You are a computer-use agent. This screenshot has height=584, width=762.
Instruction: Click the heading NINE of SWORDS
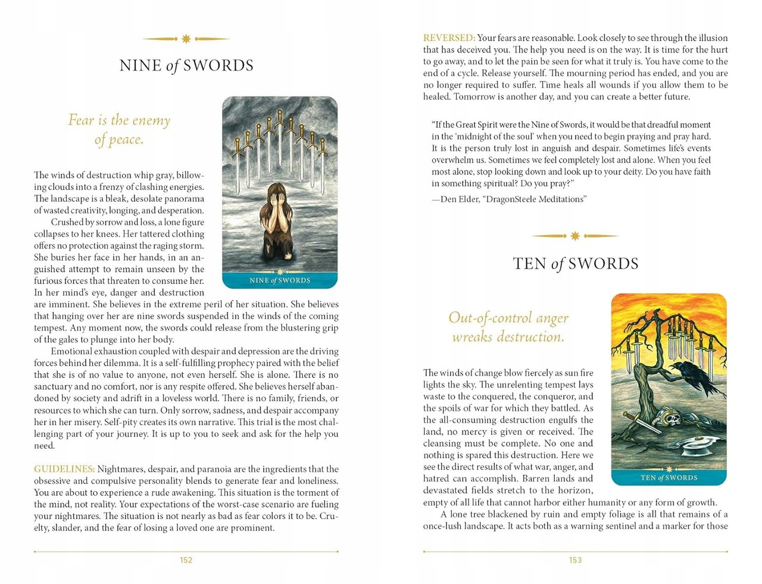pyautogui.click(x=186, y=65)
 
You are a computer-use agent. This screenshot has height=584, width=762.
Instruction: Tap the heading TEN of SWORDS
pyautogui.click(x=575, y=264)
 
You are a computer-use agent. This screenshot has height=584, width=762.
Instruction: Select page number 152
pyautogui.click(x=186, y=560)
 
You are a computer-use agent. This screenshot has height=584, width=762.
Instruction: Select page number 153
pyautogui.click(x=575, y=560)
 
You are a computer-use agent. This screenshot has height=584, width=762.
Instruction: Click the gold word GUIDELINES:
pyautogui.click(x=64, y=469)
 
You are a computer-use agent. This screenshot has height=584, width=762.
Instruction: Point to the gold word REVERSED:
pyautogui.click(x=449, y=38)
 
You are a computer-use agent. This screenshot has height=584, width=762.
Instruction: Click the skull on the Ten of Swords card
pyautogui.click(x=672, y=420)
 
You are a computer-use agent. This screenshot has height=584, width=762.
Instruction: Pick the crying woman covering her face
pyautogui.click(x=278, y=220)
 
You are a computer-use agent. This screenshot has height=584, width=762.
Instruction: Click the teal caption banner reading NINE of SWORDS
pyautogui.click(x=280, y=280)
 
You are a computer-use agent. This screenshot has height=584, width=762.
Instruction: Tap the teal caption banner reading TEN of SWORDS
pyautogui.click(x=669, y=477)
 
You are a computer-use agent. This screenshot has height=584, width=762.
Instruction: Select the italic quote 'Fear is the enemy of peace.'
pyautogui.click(x=119, y=130)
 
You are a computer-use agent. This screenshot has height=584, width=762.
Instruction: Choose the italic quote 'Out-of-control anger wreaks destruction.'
pyautogui.click(x=508, y=327)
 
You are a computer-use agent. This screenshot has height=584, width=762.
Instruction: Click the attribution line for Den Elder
pyautogui.click(x=510, y=199)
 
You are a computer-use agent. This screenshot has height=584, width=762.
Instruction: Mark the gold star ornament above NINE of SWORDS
pyautogui.click(x=186, y=39)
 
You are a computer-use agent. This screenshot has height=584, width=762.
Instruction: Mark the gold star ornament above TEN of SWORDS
pyautogui.click(x=574, y=236)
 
